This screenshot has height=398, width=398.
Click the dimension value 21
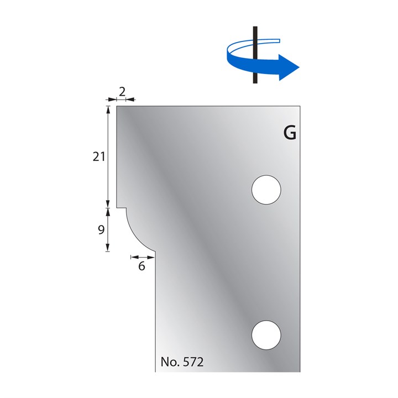click(x=99, y=157)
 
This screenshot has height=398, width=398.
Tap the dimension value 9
click(x=101, y=230)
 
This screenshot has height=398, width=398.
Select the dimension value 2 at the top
click(x=122, y=92)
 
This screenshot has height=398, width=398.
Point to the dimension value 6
click(x=142, y=266)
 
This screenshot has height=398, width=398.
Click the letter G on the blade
click(x=290, y=133)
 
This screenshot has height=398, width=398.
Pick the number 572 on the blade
click(x=193, y=362)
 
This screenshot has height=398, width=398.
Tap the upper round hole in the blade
click(x=266, y=190)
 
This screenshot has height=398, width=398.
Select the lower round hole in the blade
click(x=266, y=335)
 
